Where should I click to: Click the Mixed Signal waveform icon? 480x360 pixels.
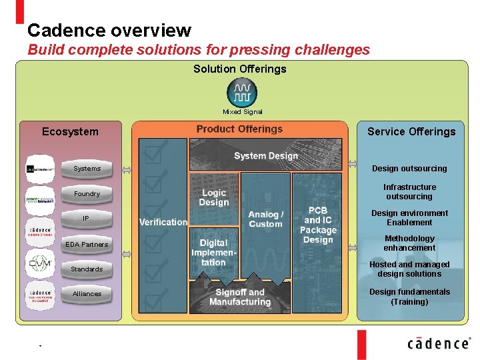point(242,92)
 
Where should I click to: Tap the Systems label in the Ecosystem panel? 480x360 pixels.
point(87,169)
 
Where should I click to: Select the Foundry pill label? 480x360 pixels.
point(87,194)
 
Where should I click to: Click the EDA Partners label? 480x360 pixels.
point(86,245)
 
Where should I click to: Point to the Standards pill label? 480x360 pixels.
point(87,269)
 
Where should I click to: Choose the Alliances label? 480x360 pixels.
point(87,294)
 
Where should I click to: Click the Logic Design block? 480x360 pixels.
point(213,198)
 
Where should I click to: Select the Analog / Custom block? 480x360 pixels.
point(265,219)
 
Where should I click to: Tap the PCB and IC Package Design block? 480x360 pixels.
point(318,225)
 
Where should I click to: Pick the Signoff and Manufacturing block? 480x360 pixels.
point(240,297)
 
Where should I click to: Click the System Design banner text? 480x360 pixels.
point(266,156)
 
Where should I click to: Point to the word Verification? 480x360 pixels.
point(163,222)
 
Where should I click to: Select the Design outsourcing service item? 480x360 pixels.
point(409,169)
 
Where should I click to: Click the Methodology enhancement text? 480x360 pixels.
point(409,243)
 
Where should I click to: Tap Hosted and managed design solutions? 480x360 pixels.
point(409,269)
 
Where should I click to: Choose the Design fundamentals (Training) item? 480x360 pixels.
point(409,297)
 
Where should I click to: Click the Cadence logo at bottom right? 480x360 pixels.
point(439,343)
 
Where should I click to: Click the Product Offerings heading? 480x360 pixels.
point(239,129)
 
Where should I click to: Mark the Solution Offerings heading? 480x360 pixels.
point(240,69)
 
